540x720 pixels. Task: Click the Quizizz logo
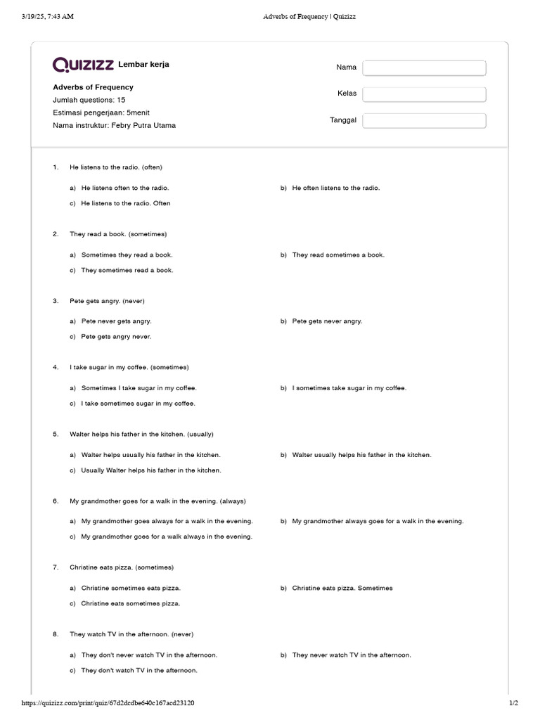[x=83, y=65]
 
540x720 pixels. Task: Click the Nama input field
[x=424, y=67]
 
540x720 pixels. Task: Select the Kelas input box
[x=424, y=94]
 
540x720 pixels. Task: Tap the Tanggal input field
[x=424, y=120]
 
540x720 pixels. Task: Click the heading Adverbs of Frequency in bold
[x=93, y=87]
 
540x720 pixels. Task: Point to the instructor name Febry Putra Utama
[x=143, y=125]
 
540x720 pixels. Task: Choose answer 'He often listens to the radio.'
[x=335, y=188]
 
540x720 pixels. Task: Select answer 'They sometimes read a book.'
[x=127, y=270]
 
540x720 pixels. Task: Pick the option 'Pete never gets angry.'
[x=116, y=321]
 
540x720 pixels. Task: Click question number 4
[x=56, y=367]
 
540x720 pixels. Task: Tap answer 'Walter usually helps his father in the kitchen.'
[x=361, y=455]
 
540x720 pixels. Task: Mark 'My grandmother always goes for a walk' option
[x=378, y=521]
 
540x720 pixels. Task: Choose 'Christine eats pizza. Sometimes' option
[x=342, y=588]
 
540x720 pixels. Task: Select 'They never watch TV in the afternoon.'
[x=352, y=655]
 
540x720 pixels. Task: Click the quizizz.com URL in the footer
[x=108, y=702]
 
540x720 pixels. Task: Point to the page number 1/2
[x=513, y=702]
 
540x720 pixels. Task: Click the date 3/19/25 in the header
[x=35, y=17]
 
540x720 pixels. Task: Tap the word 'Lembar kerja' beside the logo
[x=143, y=65]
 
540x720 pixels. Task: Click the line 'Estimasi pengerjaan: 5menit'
[x=101, y=112]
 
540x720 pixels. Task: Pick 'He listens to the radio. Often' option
[x=125, y=203]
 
